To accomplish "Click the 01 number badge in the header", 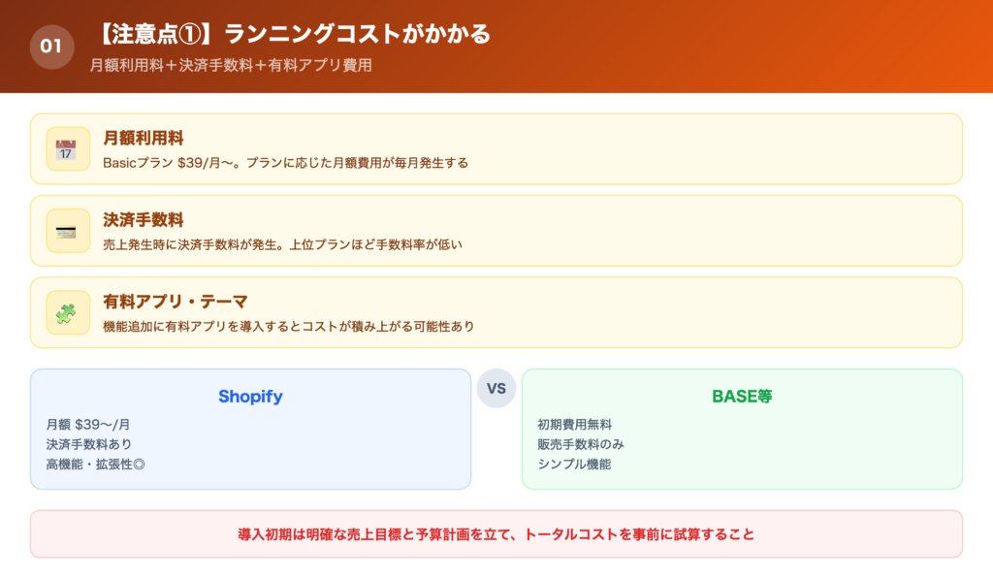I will (51, 46).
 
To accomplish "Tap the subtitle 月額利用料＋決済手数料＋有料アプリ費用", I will (230, 66).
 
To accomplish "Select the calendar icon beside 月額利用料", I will (67, 148).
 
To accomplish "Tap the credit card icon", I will (67, 231).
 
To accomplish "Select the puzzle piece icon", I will (67, 312).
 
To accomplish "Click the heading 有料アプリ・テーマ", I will (176, 302).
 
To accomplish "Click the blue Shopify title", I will (250, 397).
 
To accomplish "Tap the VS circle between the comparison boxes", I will (496, 388).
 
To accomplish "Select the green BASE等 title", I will (742, 397).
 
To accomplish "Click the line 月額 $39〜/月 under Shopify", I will (88, 424).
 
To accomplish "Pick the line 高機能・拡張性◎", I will (95, 464).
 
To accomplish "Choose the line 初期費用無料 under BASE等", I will (574, 424).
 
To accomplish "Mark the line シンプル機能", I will (574, 464).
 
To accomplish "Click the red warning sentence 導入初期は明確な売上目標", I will (496, 533).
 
